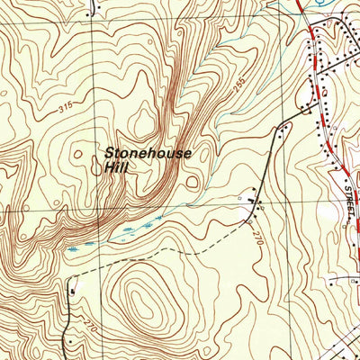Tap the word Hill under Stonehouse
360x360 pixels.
116,167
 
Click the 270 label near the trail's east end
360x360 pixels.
260,240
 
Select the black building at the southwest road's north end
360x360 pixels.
72,289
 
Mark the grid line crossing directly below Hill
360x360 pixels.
95,209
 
